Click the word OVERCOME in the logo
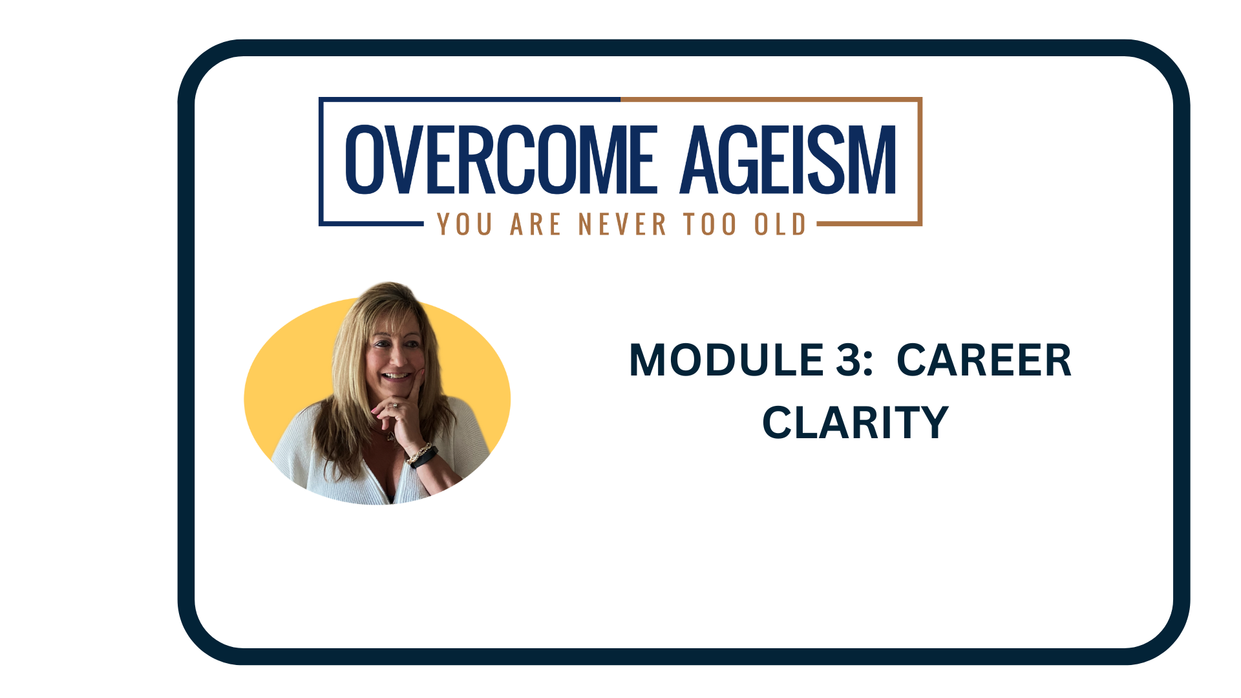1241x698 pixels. coord(502,159)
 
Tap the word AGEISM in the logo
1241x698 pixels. coord(789,159)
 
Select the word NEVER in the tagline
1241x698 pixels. coord(622,224)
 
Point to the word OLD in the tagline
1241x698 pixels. coord(780,224)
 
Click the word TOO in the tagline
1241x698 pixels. coord(710,224)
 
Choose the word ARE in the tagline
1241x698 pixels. coord(535,224)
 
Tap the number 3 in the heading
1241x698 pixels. coord(848,360)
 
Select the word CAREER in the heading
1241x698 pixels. coord(984,360)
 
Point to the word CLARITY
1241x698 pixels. coord(854,423)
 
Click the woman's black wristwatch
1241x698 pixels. coord(425,458)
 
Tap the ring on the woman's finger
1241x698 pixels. coord(394,406)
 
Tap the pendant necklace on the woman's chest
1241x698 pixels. coord(389,437)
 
